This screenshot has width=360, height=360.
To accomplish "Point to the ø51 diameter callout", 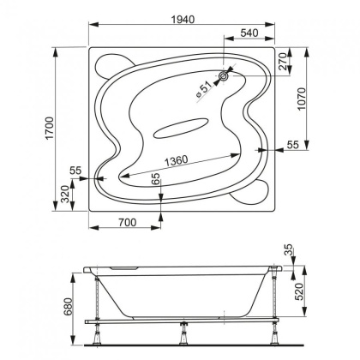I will point(206,86).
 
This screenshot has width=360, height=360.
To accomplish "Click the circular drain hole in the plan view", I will point(224,77).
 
